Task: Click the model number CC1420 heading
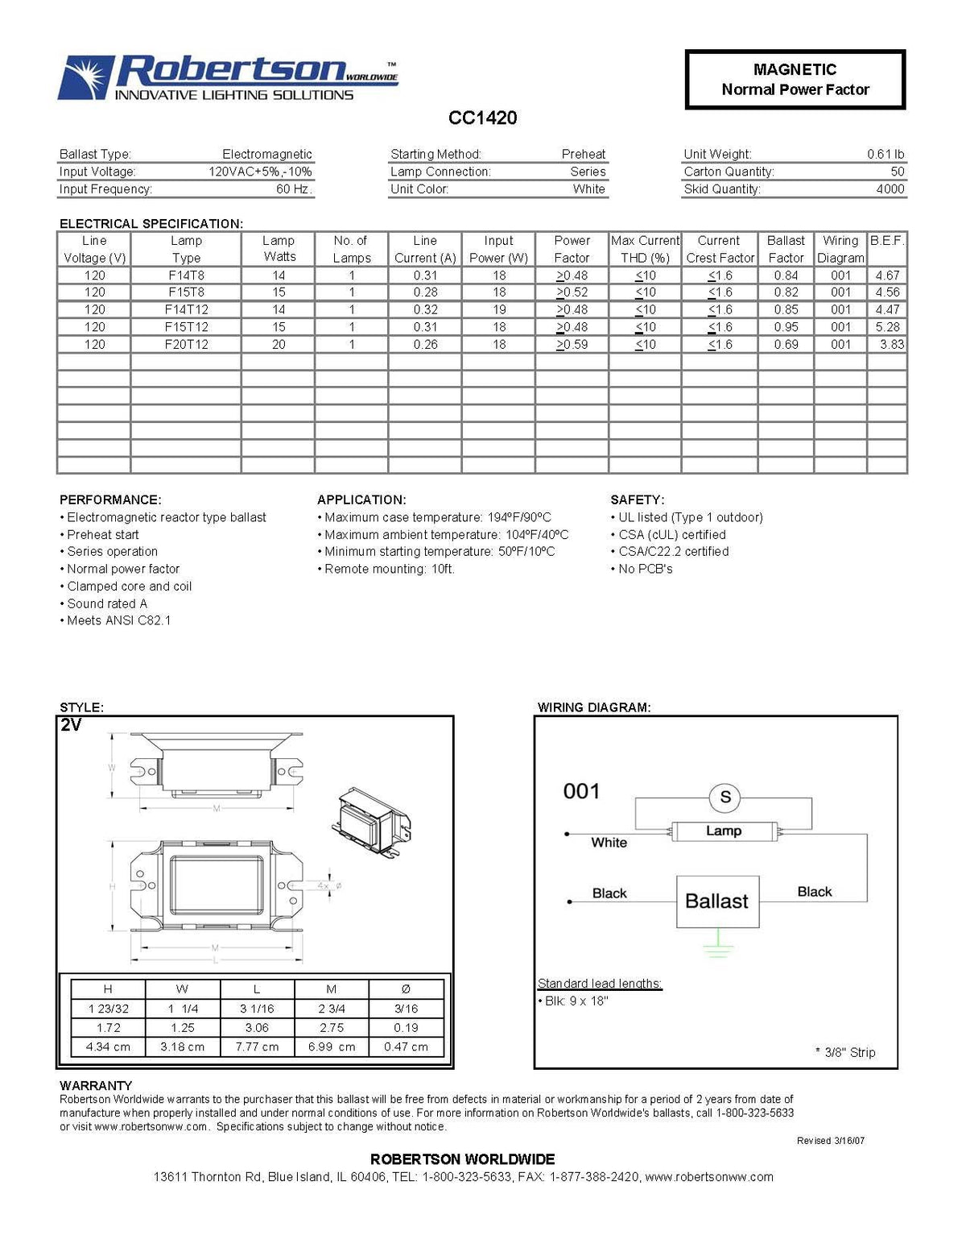pos(482,118)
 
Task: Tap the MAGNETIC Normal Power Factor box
pos(795,79)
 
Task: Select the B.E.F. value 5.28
pos(887,327)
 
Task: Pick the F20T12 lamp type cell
pos(186,344)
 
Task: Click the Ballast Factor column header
pos(786,249)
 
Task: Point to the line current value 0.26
pos(425,344)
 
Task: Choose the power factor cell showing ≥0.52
pos(572,292)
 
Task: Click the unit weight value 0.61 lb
pos(885,154)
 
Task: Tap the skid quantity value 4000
pos(890,189)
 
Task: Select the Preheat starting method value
pos(584,154)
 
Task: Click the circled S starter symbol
pos(724,798)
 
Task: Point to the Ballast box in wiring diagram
pos(716,901)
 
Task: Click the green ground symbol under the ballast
pos(716,944)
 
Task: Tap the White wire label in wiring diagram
pos(609,843)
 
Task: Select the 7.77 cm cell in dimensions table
pos(257,1047)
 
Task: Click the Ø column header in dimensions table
pos(406,989)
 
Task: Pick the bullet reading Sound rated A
pos(107,603)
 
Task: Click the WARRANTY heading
pos(96,1086)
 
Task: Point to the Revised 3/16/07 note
pos(831,1141)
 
